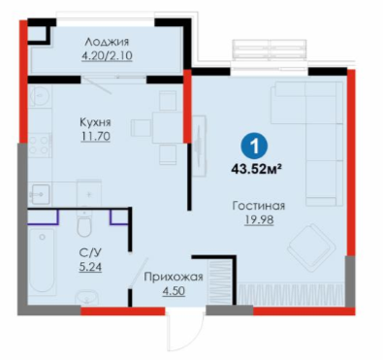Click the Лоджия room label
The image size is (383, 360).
tap(107, 43)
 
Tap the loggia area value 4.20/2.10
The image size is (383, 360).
tap(107, 56)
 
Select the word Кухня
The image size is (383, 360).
tap(95, 122)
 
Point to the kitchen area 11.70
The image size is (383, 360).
tap(95, 136)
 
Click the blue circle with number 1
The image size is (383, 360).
tap(255, 147)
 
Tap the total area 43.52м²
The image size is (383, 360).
tap(255, 168)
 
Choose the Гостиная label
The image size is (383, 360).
tap(259, 206)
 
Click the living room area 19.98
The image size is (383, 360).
tap(259, 220)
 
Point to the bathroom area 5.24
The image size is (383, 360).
tap(90, 267)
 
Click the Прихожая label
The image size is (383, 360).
tap(174, 277)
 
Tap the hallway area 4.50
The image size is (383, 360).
tap(174, 291)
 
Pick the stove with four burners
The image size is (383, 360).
tap(40, 145)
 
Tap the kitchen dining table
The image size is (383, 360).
tap(168, 127)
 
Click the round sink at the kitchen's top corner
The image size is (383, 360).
tap(40, 95)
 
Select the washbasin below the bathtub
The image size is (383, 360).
tap(88, 298)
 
